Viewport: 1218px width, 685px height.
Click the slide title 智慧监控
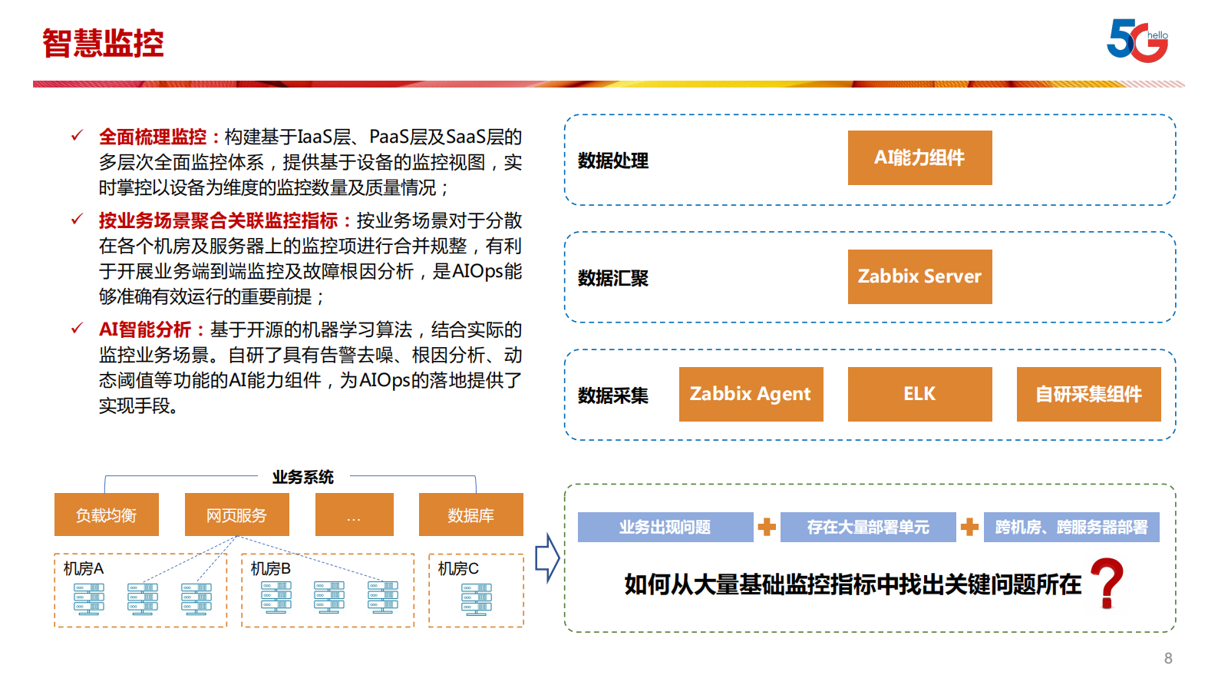[x=103, y=43]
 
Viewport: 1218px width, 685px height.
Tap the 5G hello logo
[x=1137, y=41]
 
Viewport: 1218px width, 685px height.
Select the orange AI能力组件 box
[x=919, y=157]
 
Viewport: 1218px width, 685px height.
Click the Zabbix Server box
[x=919, y=276]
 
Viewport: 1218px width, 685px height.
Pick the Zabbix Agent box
[x=751, y=394]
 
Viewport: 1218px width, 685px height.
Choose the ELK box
[x=919, y=394]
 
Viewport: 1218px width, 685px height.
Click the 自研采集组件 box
[x=1088, y=394]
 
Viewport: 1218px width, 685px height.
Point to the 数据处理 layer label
[x=613, y=160]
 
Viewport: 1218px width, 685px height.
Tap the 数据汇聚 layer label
[x=613, y=278]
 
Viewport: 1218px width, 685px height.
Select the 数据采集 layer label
[x=613, y=395]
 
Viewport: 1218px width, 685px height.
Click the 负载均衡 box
[x=107, y=515]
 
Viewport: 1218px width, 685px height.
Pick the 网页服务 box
[x=236, y=515]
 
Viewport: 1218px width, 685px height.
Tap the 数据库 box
[x=470, y=515]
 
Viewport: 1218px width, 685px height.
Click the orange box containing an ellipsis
[x=354, y=515]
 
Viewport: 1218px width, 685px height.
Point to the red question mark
[x=1107, y=584]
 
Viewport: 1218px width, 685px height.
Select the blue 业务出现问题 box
[x=665, y=527]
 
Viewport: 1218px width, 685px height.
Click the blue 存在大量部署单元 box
[x=867, y=527]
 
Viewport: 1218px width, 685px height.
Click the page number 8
[x=1168, y=658]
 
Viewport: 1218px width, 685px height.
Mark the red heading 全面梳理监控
[x=153, y=137]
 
